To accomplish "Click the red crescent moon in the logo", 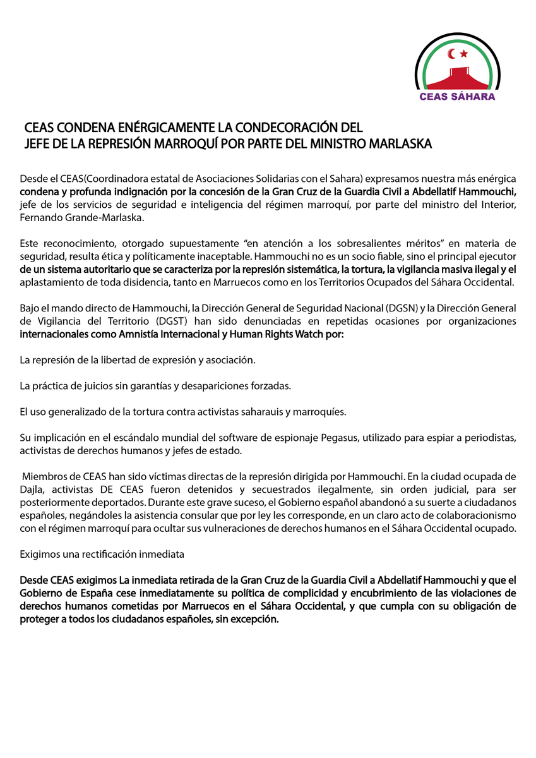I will click(451, 54).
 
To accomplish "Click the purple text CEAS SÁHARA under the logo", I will click(458, 97).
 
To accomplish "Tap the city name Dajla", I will click(32, 489).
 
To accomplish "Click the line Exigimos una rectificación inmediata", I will click(102, 554).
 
